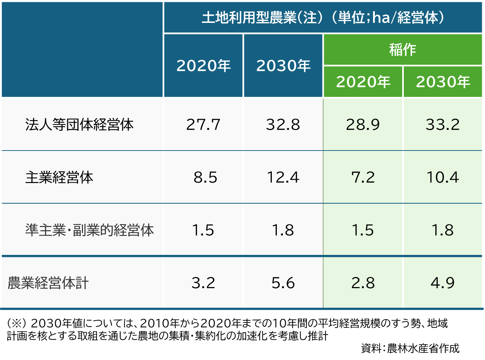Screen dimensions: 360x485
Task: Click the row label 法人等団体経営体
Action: pos(79,125)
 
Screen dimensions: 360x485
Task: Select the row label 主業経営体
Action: pos(59,177)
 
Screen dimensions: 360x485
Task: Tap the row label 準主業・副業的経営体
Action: pos(89,230)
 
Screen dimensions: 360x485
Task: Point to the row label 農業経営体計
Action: pos(48,283)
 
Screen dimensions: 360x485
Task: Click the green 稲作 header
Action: pos(403,50)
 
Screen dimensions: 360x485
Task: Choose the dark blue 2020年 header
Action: pos(203,66)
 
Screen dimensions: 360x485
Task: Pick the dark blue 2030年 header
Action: pos(283,66)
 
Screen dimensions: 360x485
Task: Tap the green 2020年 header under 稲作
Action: pos(363,82)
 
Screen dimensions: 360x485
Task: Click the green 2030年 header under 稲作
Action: pos(443,82)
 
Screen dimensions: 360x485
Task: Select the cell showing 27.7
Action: pos(203,125)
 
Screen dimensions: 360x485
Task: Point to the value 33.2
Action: pos(443,125)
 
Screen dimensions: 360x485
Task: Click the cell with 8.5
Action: pos(205,177)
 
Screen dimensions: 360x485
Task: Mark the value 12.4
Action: pos(283,177)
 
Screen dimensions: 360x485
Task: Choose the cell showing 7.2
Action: pos(363,177)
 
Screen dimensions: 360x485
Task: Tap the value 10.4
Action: pos(443,177)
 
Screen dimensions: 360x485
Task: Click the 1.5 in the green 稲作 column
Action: pos(363,230)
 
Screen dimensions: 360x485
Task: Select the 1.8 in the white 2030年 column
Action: pos(283,230)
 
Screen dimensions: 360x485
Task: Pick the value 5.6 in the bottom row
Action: pos(283,283)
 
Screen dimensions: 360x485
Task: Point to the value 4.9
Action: pos(443,283)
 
